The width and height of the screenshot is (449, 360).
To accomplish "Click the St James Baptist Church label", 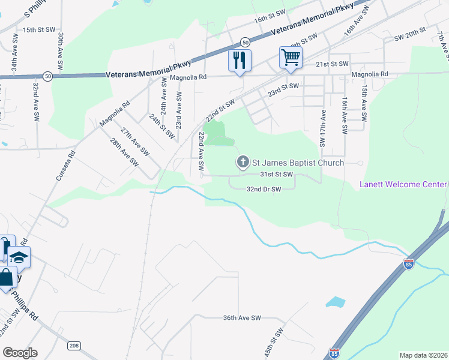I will point(298,163).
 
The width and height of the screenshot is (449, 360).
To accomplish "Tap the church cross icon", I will point(243,162).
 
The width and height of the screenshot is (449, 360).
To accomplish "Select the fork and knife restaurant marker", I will point(240,61).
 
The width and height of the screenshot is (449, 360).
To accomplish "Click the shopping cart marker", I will point(291,58).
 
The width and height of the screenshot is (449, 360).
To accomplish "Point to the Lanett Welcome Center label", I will point(403,184).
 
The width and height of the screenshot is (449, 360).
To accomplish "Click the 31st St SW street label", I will point(276,175).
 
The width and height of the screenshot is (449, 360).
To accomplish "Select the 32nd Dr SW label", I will point(264,189).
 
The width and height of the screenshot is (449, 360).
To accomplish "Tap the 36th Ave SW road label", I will point(243,317).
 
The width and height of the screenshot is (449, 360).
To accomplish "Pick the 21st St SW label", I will point(332,64).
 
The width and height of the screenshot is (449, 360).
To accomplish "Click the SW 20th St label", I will point(409,33).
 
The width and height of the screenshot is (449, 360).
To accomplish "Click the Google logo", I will point(20,353).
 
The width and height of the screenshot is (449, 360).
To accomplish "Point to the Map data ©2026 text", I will point(423,355).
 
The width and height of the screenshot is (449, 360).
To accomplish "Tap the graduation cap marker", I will point(19,257).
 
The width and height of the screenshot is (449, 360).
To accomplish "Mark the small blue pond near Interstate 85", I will point(337,302).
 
